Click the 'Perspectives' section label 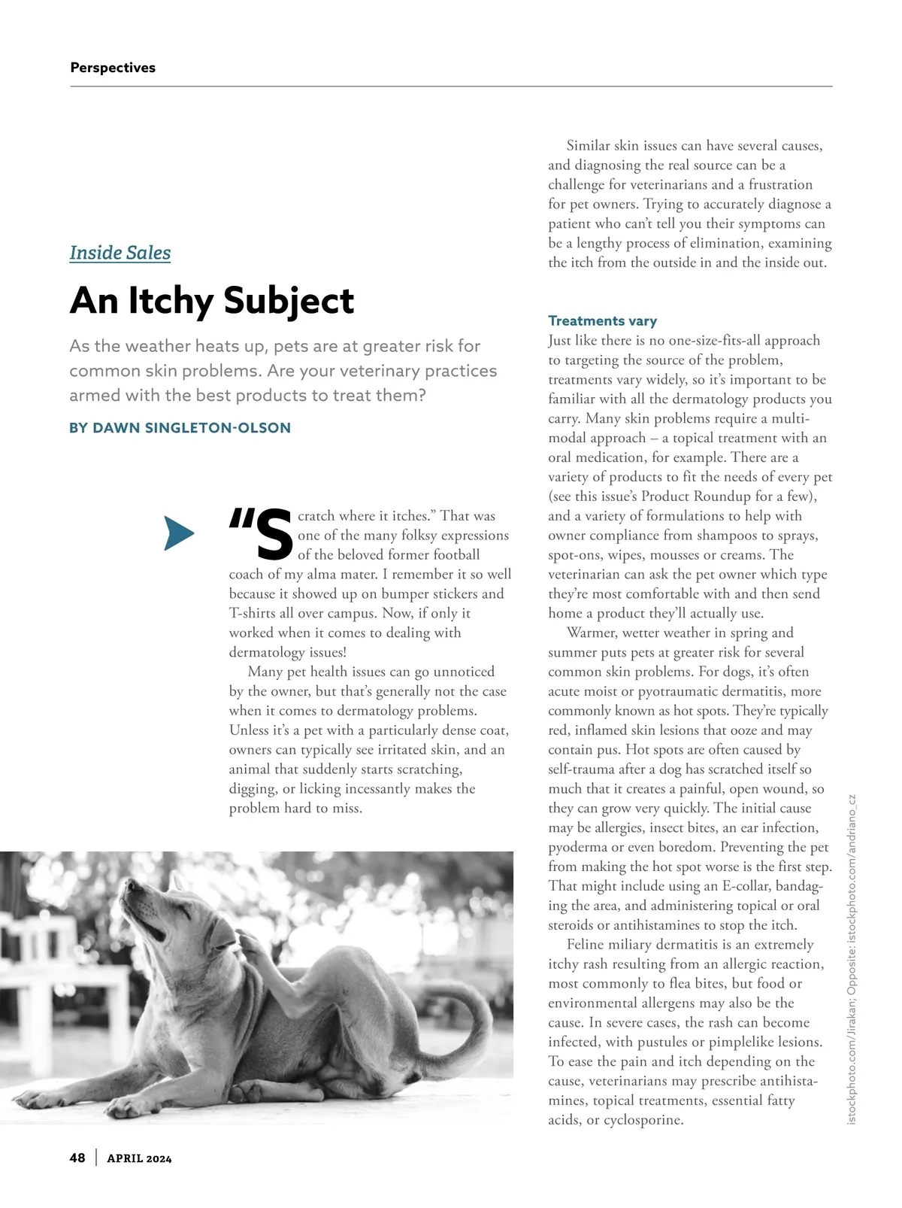[x=113, y=68]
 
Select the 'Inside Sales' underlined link [x=120, y=253]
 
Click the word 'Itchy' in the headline [x=171, y=301]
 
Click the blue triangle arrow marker [x=178, y=534]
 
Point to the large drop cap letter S [x=274, y=535]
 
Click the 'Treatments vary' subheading [x=602, y=321]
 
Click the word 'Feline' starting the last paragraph [x=587, y=945]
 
